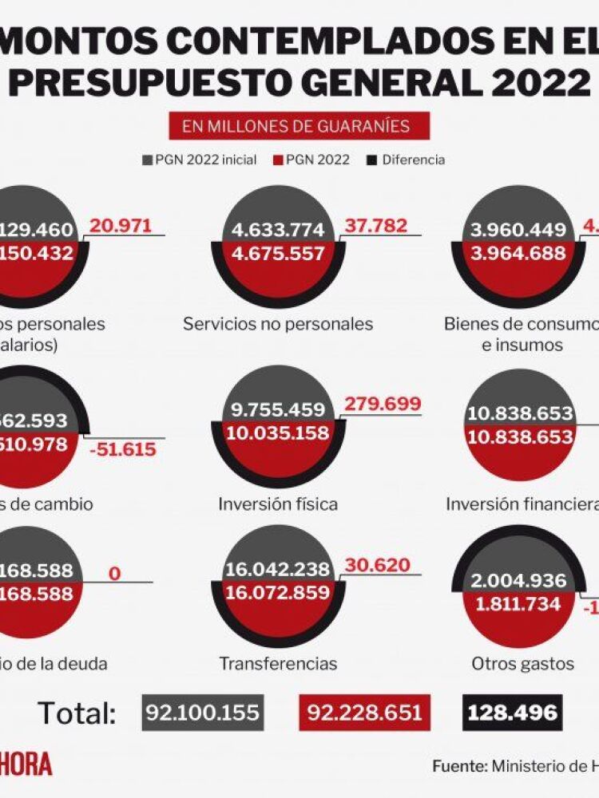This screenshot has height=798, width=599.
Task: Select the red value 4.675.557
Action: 278,254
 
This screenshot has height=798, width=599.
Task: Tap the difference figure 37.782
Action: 375,226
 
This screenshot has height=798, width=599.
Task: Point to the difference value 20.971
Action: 120,226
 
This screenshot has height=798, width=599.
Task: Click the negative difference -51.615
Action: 124,448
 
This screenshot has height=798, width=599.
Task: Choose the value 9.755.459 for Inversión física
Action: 278,410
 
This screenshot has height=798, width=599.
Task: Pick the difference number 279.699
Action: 382,404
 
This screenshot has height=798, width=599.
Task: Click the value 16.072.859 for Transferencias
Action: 278,592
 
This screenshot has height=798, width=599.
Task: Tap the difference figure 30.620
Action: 377,566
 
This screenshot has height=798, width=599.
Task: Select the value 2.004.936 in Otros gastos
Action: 519,581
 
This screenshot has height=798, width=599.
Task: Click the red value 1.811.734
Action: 519,603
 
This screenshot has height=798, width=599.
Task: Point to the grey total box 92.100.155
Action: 203,712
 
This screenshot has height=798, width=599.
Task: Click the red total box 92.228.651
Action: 359,712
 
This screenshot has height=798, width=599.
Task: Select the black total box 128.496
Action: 512,712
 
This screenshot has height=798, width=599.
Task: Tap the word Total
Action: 77,713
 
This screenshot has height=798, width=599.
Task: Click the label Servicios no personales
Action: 278,324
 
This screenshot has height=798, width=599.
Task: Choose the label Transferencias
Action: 278,663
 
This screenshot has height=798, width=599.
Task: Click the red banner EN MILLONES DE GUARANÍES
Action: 299,126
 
